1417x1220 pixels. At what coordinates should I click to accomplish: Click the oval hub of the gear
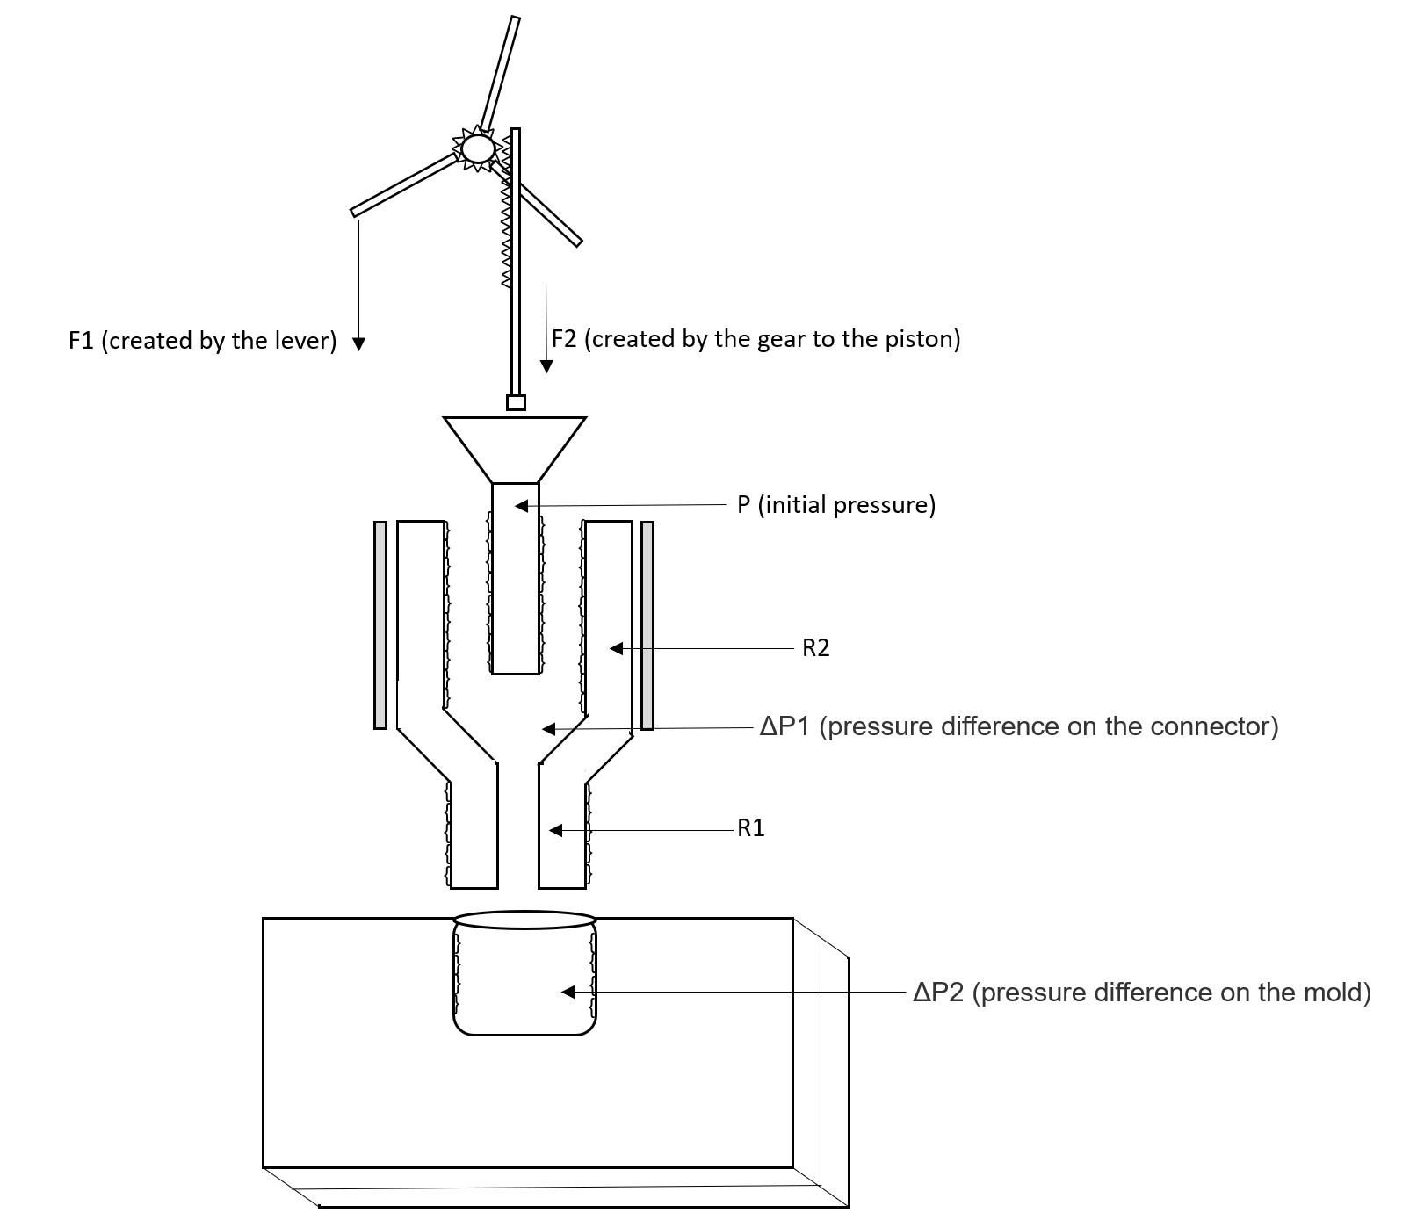pos(478,148)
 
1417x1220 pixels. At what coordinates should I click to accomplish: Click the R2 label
pos(815,648)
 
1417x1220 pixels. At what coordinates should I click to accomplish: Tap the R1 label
pos(751,828)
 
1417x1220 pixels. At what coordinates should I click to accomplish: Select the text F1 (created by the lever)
pos(203,341)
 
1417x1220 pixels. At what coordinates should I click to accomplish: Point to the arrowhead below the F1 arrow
pos(358,343)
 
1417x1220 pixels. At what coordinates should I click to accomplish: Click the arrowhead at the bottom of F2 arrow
pos(546,365)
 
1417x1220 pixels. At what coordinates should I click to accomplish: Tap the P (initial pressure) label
pos(836,505)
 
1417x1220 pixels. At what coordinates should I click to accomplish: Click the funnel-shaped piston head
pos(515,444)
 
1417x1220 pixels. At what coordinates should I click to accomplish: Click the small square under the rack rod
pos(516,403)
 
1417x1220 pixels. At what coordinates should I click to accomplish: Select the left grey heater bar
pos(380,624)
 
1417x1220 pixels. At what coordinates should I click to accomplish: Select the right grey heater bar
pos(647,624)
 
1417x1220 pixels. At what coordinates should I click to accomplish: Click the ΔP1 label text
pos(1019,726)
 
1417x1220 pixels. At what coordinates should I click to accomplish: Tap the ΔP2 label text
pos(1141,993)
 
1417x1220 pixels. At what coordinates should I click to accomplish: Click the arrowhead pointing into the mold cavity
pos(568,992)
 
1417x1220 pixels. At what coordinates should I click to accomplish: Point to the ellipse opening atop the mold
pos(524,920)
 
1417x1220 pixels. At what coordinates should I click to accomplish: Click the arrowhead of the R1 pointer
pos(555,830)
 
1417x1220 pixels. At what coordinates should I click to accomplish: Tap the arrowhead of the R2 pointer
pos(616,649)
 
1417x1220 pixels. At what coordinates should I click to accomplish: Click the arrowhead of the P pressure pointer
pos(521,506)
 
